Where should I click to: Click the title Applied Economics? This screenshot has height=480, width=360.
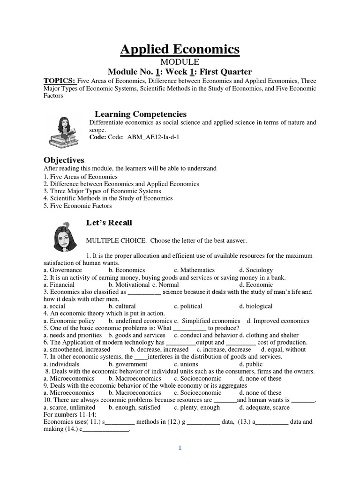click(180, 49)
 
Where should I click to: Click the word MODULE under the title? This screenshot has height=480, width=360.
click(180, 62)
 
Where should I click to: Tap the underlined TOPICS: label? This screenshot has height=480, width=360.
click(60, 81)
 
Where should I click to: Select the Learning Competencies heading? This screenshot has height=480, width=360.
click(141, 114)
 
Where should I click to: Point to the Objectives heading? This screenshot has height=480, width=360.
click(64, 160)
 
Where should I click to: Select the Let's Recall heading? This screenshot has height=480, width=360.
click(109, 222)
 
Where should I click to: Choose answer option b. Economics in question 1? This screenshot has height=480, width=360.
click(127, 270)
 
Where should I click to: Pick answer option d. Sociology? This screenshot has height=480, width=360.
click(255, 270)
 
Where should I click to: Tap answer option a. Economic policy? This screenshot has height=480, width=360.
click(69, 321)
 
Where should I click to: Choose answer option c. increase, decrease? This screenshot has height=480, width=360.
click(224, 349)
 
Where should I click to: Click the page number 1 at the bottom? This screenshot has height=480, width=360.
click(180, 448)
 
